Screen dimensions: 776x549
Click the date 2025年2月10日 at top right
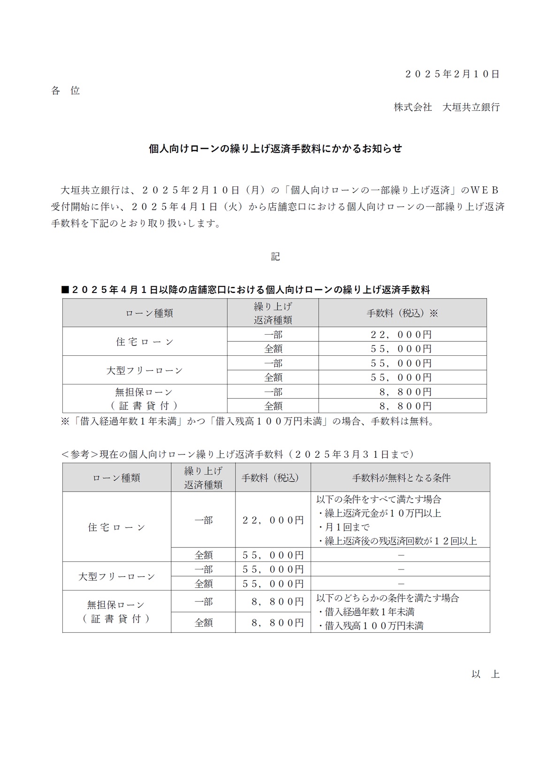452,74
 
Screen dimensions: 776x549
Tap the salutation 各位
66,91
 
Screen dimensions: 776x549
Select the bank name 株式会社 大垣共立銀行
446,107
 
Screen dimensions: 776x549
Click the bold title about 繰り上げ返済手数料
275,149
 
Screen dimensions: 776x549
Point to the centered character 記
275,256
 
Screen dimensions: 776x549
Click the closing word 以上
485,674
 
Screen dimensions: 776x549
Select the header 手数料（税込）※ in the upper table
402,313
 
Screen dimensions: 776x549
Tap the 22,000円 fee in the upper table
401,335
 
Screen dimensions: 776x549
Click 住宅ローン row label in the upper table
145,342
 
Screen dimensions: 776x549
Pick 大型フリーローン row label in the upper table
145,370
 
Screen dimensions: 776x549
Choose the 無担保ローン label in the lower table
116,605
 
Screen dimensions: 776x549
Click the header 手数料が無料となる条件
401,478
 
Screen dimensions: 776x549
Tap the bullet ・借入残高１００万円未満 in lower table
370,626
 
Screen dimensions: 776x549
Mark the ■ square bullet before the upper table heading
66,290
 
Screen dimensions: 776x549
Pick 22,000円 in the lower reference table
273,520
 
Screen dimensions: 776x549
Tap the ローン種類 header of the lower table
116,478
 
